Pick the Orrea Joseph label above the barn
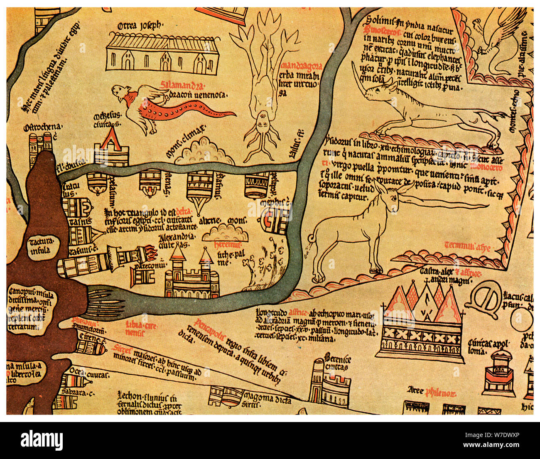point(139,26)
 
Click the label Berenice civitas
point(338,362)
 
